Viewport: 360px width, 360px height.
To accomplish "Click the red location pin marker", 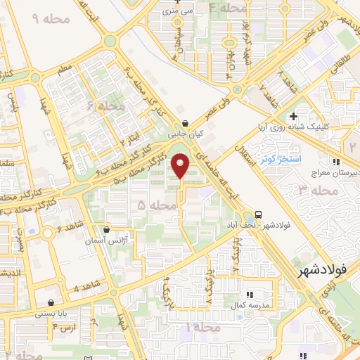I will pos(181,166).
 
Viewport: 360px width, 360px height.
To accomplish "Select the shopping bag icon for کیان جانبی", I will pos(184,123).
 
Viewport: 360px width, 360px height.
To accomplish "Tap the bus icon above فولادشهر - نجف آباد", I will pos(259,214).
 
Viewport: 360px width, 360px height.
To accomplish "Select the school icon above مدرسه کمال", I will pos(248,295).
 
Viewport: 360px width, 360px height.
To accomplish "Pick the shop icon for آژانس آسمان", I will pos(106,229).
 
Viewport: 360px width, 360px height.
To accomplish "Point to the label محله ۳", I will pos(310,191).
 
